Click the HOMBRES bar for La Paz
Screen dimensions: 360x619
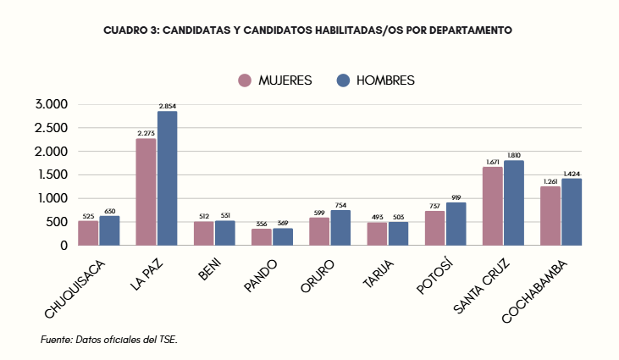(167, 178)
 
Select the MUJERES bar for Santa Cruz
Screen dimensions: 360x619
(493, 206)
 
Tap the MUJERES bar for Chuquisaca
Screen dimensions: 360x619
(88, 233)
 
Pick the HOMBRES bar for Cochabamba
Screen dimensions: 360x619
(572, 212)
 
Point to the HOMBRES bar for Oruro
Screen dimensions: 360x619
(340, 228)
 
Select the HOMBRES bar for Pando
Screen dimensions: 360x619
(283, 236)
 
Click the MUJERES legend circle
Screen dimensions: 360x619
(246, 80)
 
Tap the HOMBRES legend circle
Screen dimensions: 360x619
(344, 80)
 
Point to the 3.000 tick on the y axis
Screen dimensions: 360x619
(51, 105)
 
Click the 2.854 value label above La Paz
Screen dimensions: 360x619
(167, 106)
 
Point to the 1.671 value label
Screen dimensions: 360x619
(493, 162)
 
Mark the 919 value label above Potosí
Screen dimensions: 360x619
(456, 197)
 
